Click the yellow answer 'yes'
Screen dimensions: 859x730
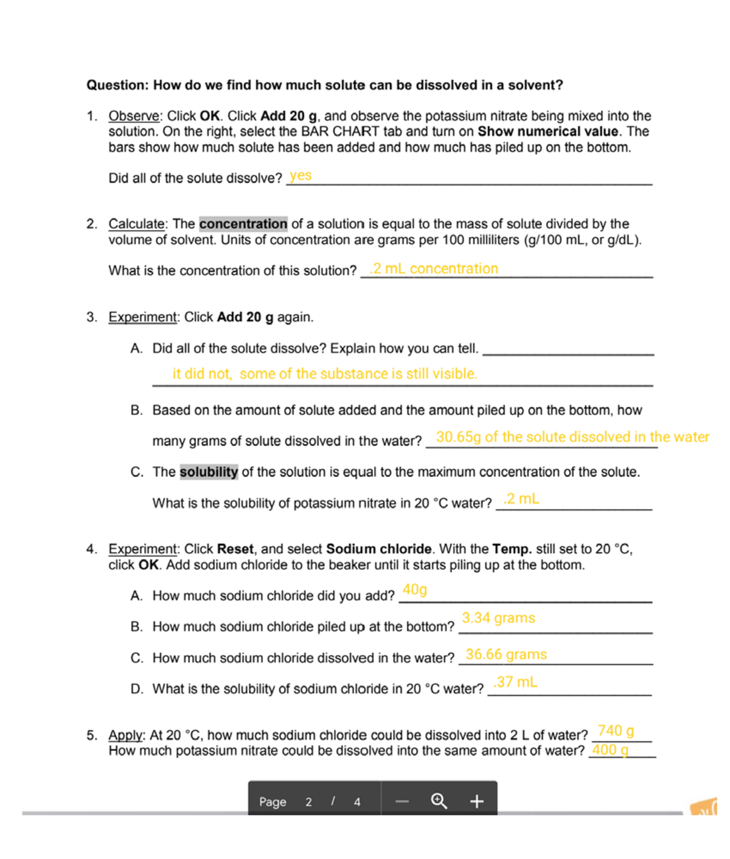tap(301, 176)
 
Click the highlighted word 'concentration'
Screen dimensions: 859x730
tap(243, 224)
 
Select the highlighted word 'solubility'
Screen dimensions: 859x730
tap(209, 472)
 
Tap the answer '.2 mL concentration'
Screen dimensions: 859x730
tap(434, 269)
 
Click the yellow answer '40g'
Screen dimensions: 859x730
tap(415, 589)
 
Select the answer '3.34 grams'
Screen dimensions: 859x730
tap(498, 618)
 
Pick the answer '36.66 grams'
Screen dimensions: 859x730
tap(506, 655)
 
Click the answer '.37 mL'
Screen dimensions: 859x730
tap(515, 682)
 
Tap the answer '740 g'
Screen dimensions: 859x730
tap(616, 731)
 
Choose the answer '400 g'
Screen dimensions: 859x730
tap(610, 749)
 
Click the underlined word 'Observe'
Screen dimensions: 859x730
tap(134, 116)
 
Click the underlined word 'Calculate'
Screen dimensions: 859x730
tap(136, 224)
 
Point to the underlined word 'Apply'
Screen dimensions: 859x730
tap(126, 735)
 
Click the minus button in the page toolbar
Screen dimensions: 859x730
tap(402, 801)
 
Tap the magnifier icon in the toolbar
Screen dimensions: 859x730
tap(439, 801)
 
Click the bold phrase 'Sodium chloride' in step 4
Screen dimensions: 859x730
tap(378, 549)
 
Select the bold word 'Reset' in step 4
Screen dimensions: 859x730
tap(235, 549)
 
